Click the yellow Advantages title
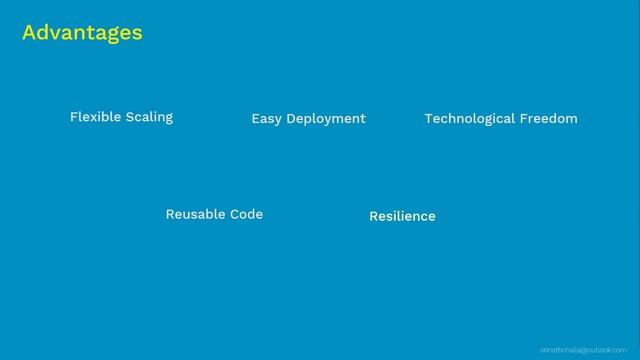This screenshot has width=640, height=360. coord(82,33)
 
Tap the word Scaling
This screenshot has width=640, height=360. coord(148,117)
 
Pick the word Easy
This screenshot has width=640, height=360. coord(266,119)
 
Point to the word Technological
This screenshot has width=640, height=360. coord(469,118)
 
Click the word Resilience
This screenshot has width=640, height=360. coord(402,216)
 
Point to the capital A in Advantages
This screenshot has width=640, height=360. coord(29,33)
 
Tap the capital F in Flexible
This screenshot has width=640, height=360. coord(73,117)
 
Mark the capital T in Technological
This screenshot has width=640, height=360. coord(428,118)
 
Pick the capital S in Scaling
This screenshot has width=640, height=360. coord(127,117)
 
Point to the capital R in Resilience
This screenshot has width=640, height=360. coord(373,216)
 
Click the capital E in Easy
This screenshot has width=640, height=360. coord(255,118)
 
